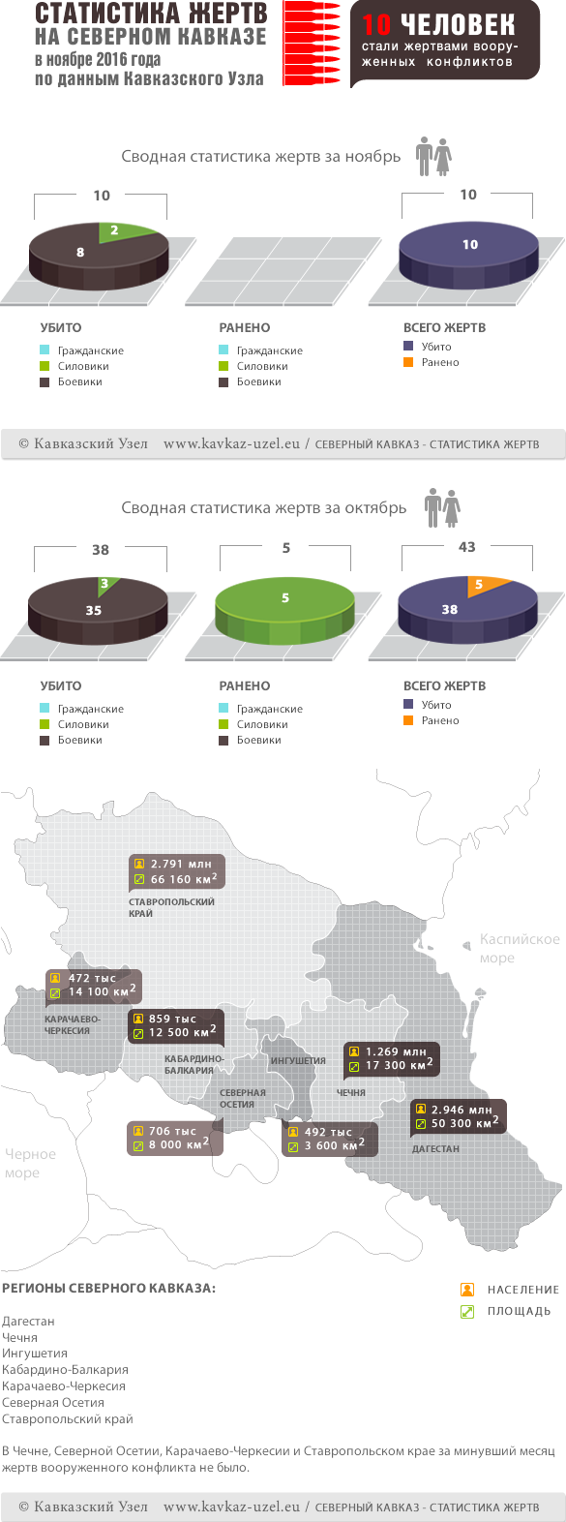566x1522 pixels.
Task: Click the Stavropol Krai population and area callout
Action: (177, 871)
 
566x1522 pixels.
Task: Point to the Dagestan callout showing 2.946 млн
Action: (458, 1116)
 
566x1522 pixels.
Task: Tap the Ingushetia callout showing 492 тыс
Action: (327, 1139)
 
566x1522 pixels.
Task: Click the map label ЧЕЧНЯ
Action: (351, 1092)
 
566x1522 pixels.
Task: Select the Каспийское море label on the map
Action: (520, 949)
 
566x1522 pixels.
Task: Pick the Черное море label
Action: (30, 1164)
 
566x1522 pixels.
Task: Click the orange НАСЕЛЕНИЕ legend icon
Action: (467, 1290)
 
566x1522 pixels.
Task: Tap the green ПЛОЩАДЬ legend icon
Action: (467, 1311)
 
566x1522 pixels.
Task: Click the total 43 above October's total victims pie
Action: (467, 547)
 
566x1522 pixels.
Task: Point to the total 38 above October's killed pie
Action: (101, 550)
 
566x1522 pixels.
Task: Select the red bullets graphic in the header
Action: (312, 44)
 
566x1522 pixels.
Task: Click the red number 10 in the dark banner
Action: (376, 25)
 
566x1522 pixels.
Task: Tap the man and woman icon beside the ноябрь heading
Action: (434, 157)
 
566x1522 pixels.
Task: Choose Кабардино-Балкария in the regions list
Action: (65, 1370)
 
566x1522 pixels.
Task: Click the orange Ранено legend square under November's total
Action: (408, 362)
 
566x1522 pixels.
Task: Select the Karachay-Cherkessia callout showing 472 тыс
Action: (94, 986)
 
